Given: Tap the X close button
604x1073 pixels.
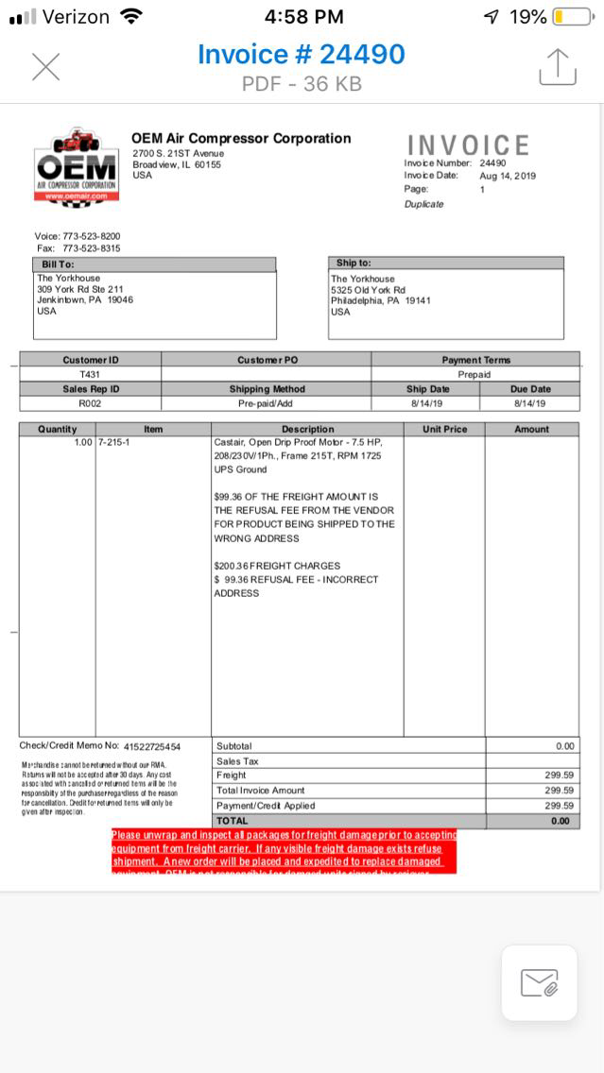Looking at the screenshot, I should click(45, 67).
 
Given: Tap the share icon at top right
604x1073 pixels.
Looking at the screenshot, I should click(558, 67).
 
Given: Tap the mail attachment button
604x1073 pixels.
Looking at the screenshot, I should click(539, 982).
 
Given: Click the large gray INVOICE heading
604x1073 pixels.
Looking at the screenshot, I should click(468, 145).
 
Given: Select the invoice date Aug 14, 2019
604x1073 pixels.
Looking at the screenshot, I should click(508, 176).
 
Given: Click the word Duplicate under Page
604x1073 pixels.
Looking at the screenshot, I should click(423, 204).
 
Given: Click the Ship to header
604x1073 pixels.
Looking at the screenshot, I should click(354, 264).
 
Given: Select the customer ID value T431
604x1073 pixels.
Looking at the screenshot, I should click(90, 374).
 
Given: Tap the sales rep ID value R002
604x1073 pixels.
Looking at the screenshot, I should click(90, 403).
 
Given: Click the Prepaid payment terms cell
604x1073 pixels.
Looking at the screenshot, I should click(475, 374).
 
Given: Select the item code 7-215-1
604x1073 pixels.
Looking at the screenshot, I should click(113, 442).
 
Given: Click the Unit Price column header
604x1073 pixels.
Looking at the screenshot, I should click(444, 429).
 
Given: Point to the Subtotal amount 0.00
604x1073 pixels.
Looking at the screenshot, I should click(564, 746).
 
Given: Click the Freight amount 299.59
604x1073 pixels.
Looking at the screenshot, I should click(560, 775).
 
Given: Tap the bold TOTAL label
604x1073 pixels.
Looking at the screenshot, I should click(233, 821).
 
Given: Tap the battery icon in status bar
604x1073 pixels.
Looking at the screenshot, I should click(571, 17).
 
